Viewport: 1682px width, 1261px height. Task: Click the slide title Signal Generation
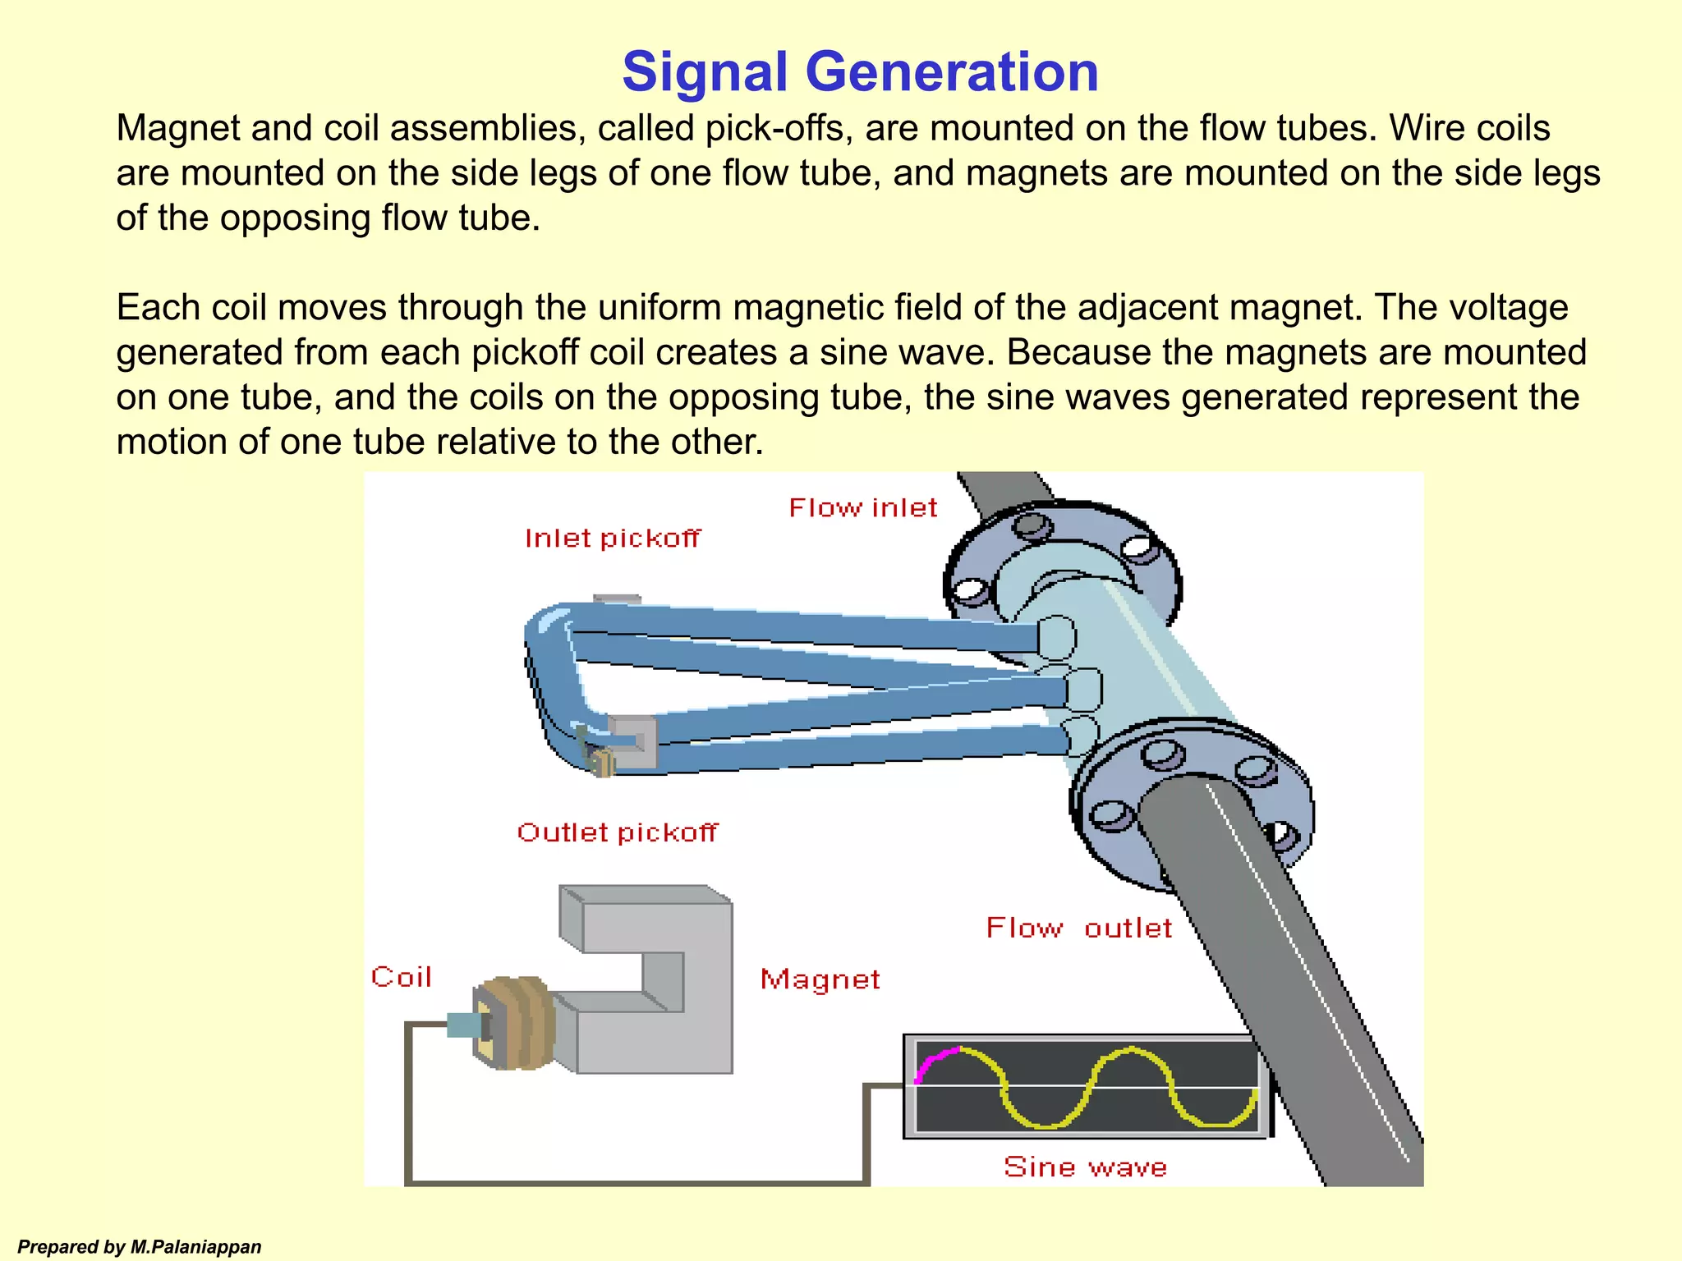(x=860, y=72)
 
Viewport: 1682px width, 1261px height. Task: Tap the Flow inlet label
(x=862, y=508)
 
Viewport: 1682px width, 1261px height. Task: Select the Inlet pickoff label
(x=613, y=539)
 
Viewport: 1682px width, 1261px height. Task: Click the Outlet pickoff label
(x=618, y=832)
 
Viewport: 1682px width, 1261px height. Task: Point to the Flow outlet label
(x=1078, y=929)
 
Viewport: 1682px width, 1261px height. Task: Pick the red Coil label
(x=402, y=977)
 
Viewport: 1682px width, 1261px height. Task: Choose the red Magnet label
(x=820, y=979)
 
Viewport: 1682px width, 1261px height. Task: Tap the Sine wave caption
(x=1085, y=1167)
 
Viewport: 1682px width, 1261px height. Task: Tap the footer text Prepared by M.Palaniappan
(x=140, y=1247)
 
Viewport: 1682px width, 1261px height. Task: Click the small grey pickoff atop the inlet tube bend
(x=616, y=599)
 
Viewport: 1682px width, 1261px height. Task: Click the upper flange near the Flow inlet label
(x=1064, y=566)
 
